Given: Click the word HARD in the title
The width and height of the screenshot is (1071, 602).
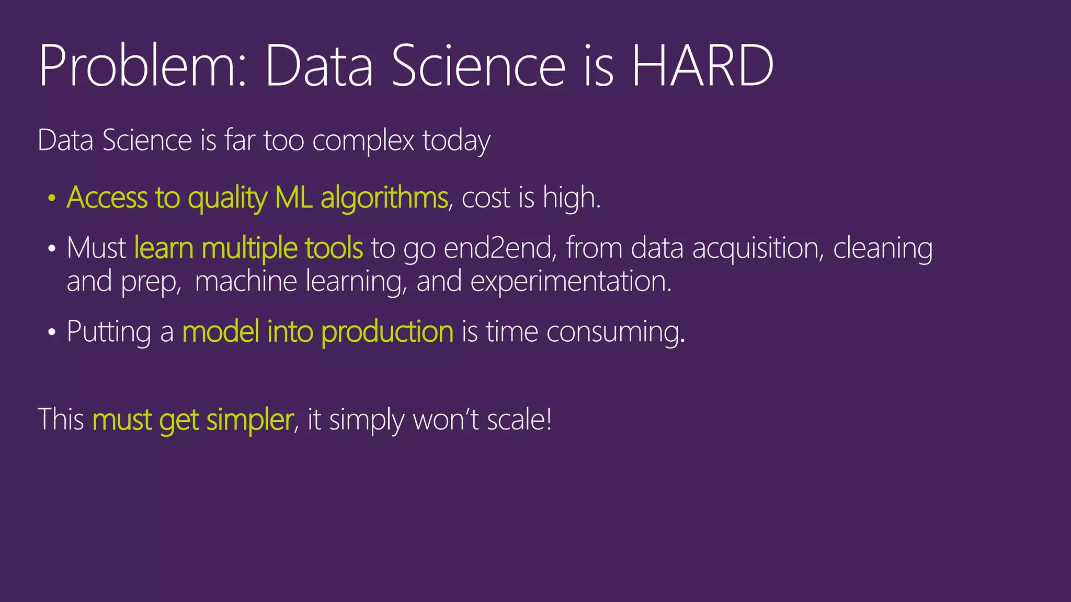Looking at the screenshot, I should click(702, 66).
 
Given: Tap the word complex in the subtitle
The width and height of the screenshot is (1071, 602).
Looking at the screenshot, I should click(363, 141).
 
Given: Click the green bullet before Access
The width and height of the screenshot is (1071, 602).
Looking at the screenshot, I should click(51, 199).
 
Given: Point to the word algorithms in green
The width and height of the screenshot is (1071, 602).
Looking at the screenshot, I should click(384, 199).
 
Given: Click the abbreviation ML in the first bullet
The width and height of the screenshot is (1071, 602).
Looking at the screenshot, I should click(293, 199).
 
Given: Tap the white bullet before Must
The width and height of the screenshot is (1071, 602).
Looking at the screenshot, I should click(51, 249).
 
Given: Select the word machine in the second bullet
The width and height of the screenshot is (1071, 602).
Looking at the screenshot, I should click(246, 282).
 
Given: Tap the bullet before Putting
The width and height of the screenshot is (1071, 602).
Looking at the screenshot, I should click(51, 332).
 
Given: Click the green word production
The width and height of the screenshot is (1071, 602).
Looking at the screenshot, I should click(387, 332).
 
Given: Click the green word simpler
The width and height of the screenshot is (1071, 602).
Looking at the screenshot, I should click(249, 420).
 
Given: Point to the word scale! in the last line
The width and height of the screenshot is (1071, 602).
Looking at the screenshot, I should click(519, 420).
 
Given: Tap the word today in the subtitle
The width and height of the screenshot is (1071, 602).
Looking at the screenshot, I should click(456, 141).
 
